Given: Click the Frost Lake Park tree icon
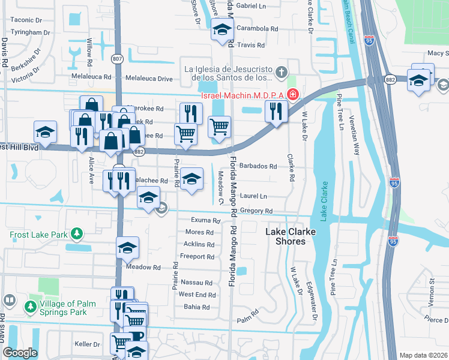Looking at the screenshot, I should coord(76,233).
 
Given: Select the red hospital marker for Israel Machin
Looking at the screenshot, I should coord(292,94).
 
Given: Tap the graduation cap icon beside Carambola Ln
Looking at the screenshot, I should coord(221,29).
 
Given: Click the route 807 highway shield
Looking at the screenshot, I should coord(118,59).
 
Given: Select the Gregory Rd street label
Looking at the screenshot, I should coord(256,211).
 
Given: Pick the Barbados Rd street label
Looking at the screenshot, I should coord(258,166).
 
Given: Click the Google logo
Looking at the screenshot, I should coord(20,353).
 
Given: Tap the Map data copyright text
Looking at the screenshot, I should coord(424,355).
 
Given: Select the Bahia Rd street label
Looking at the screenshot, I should coord(197,307).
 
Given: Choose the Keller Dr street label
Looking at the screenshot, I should coord(87,344).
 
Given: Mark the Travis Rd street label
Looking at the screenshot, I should coord(250,45).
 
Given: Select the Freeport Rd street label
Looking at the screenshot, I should coord(197,257).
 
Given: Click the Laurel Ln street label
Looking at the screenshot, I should coord(254,196).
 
